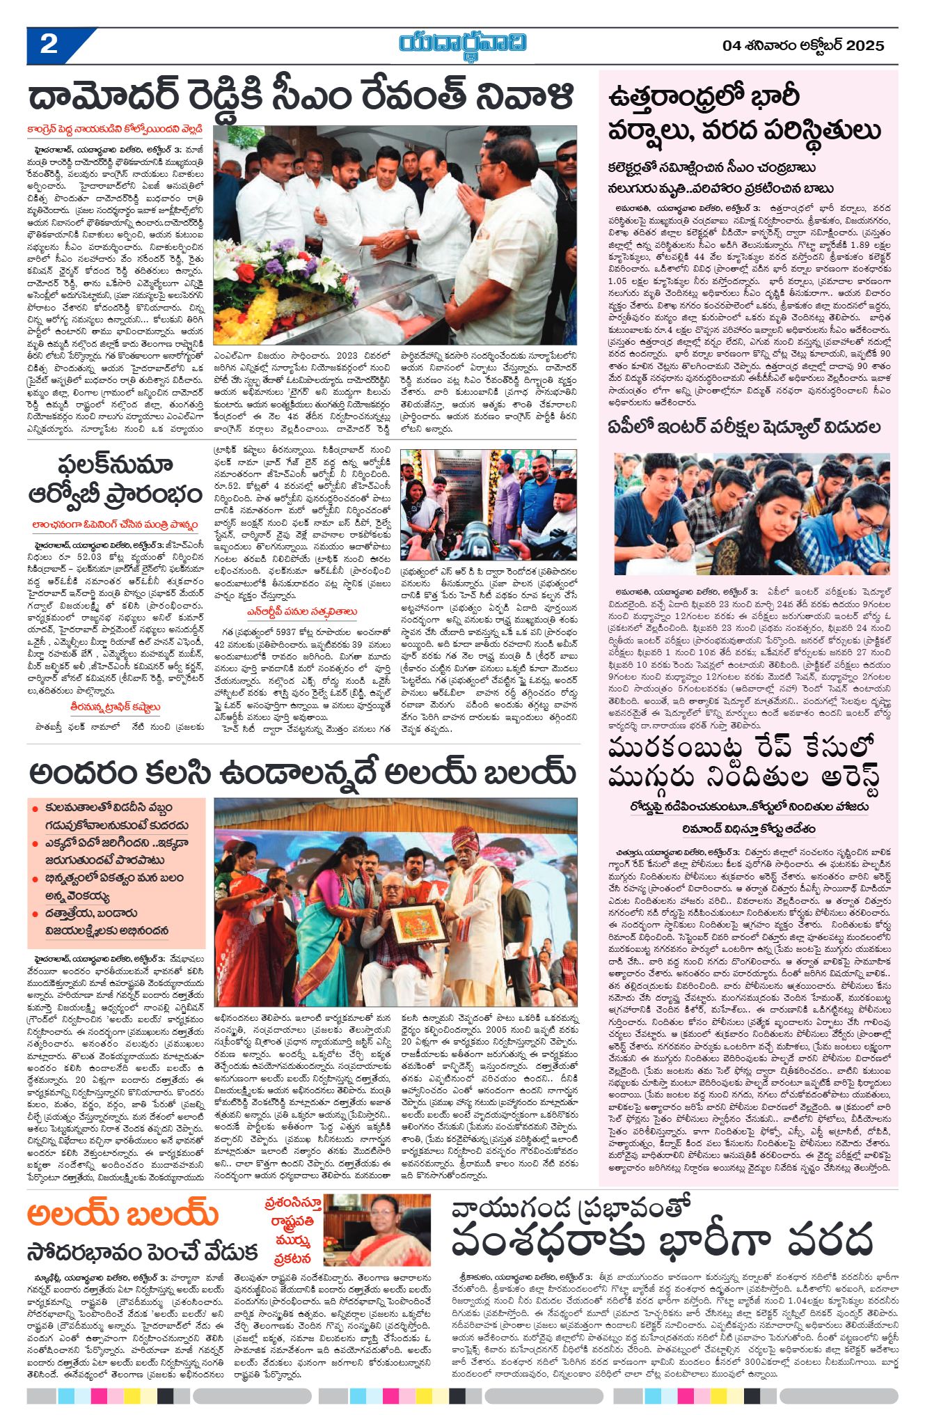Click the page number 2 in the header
tap(49, 45)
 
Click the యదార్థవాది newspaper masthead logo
tap(463, 43)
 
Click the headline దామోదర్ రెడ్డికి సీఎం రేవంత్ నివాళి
tap(301, 97)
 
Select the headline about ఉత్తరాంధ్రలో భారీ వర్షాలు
tap(744, 114)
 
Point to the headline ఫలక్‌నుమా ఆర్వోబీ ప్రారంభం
tap(116, 480)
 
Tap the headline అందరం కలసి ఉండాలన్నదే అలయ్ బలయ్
tap(302, 774)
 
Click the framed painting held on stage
tap(418, 923)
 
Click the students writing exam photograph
tap(752, 513)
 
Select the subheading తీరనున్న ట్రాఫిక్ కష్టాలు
tap(116, 707)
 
